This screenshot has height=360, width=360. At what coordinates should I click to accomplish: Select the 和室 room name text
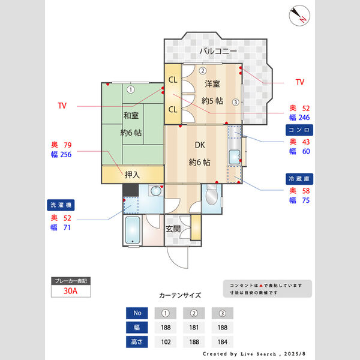click(x=132, y=115)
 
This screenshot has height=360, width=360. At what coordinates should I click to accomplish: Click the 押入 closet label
click(x=132, y=175)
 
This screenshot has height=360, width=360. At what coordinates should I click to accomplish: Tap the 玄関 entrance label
click(x=173, y=229)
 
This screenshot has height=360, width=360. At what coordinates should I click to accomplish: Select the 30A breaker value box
click(x=71, y=291)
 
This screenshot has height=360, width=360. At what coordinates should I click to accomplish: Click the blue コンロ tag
click(x=299, y=129)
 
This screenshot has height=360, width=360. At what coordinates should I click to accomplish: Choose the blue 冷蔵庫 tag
click(x=299, y=179)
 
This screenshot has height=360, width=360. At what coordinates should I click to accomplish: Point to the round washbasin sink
click(x=156, y=191)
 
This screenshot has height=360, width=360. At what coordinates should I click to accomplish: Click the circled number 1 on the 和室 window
click(x=130, y=90)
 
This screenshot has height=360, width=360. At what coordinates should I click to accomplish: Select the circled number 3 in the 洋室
click(x=236, y=102)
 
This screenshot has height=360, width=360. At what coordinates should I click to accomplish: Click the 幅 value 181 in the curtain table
click(x=193, y=328)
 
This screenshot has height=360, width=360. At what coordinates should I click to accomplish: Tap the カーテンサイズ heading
click(x=180, y=296)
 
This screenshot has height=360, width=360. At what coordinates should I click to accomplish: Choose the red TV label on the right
click(x=300, y=82)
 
